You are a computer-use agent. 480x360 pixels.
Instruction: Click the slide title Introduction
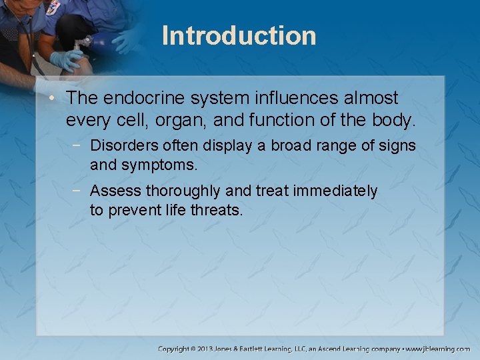tap(239, 35)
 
